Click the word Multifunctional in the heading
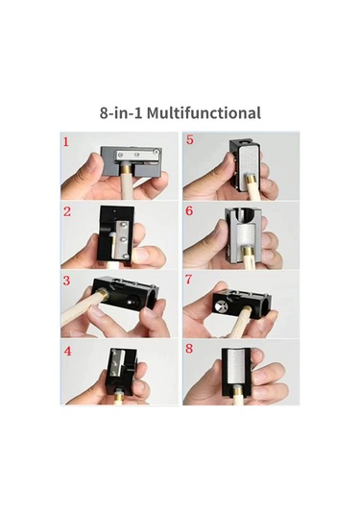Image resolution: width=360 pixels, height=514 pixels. tap(204, 112)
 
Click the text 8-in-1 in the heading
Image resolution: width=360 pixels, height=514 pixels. tap(121, 113)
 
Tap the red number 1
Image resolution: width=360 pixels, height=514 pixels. tap(66, 142)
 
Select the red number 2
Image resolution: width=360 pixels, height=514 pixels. tap(67, 211)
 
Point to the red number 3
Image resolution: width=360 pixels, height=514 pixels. tap(66, 281)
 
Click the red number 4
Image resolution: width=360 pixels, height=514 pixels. tap(67, 351)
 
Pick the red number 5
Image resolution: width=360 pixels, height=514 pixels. tap(190, 139)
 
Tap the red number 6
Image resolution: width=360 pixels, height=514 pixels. tap(189, 210)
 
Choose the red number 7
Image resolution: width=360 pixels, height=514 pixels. tap(188, 280)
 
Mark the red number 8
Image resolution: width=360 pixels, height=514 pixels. tap(189, 349)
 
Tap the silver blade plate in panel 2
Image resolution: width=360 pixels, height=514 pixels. tap(121, 239)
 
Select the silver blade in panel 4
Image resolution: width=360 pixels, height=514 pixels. tap(119, 364)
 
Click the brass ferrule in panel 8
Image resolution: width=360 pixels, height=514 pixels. tap(236, 391)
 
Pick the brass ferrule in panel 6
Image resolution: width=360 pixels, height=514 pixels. tap(247, 254)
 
